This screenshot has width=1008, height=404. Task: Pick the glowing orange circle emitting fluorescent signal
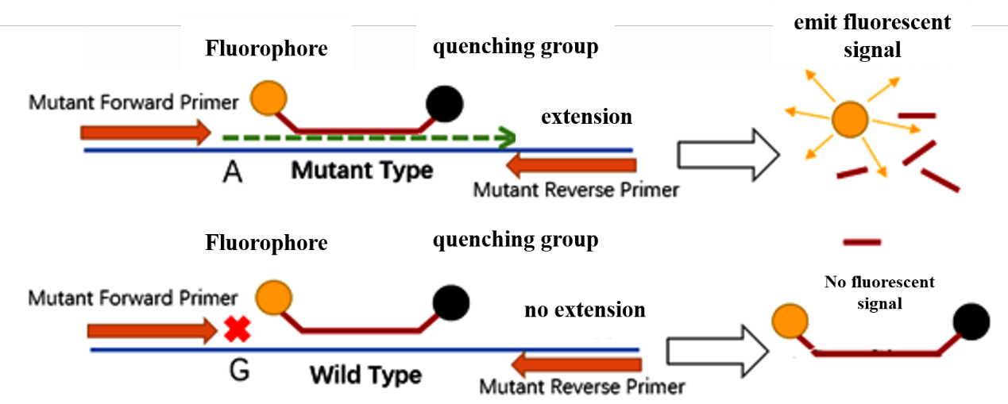(x=851, y=121)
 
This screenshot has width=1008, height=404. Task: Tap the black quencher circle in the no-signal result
(x=971, y=321)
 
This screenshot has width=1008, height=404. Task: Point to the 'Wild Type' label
(x=365, y=374)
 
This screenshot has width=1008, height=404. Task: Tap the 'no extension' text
(x=585, y=310)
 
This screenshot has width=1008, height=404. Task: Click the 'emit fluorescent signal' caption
(x=872, y=36)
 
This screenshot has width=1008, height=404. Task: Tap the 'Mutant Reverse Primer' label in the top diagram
(x=576, y=190)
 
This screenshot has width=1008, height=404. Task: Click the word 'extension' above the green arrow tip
(x=586, y=117)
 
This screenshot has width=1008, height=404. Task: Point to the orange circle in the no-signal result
(x=790, y=321)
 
